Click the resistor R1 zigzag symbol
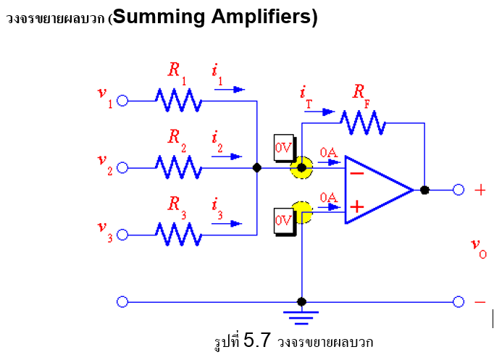[x=178, y=101]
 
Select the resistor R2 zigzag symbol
[x=178, y=168]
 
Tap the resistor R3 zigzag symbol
[x=178, y=235]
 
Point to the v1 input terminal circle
[x=122, y=101]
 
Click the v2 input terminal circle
[x=122, y=168]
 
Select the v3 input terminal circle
[x=122, y=235]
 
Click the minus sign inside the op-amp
[x=357, y=174]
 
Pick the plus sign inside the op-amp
[x=357, y=206]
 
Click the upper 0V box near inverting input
[x=284, y=147]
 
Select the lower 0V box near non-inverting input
[x=284, y=219]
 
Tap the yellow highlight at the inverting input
[x=301, y=168]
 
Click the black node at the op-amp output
[x=424, y=190]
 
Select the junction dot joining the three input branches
[x=256, y=168]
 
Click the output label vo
[x=478, y=248]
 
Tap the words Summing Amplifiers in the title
[x=215, y=17]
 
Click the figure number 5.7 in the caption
[x=257, y=340]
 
